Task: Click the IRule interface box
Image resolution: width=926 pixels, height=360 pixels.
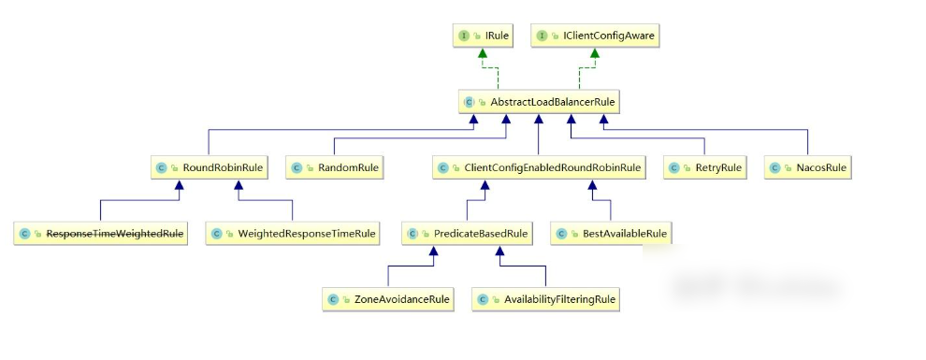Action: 482,36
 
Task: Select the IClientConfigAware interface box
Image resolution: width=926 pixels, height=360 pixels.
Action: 595,36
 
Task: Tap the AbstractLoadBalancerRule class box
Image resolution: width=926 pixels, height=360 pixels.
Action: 539,102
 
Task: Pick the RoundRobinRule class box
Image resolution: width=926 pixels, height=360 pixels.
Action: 209,167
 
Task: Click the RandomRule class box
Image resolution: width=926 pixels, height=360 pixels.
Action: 335,167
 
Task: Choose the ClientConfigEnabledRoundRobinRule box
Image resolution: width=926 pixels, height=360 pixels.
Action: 538,167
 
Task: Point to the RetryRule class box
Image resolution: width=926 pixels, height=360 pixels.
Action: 704,167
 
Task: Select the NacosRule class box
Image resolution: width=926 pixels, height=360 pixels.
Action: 808,167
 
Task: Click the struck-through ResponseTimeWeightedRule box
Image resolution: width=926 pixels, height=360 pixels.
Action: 100,234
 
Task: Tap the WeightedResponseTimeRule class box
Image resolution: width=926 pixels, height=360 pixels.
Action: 293,234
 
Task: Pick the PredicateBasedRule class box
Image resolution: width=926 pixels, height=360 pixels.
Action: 467,234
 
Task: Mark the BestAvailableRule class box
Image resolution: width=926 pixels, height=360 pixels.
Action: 611,234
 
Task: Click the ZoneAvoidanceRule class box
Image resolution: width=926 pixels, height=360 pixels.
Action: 388,299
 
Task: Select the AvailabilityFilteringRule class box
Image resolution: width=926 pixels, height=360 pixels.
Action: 545,299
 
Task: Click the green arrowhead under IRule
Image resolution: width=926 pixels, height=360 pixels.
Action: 483,53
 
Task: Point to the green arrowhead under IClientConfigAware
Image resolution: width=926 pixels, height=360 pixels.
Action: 595,53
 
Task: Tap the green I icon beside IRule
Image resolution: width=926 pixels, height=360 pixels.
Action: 464,36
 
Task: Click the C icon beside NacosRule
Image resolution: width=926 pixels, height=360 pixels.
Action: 774,167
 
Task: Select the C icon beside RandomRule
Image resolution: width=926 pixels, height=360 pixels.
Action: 297,167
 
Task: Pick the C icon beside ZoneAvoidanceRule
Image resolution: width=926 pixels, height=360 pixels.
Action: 332,299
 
